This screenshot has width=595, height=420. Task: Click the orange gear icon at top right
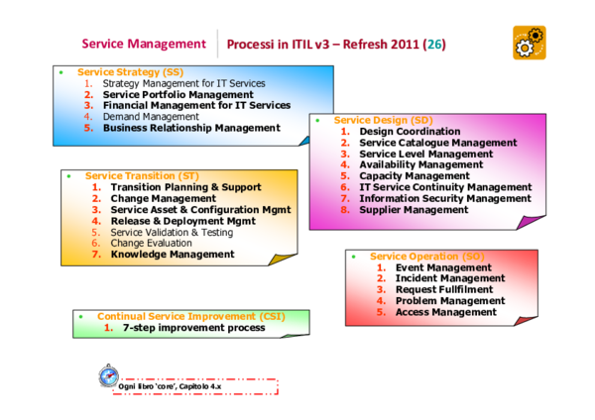[530, 43]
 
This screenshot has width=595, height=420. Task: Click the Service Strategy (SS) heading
[130, 72]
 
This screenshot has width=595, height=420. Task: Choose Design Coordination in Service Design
[410, 132]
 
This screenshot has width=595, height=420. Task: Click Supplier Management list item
[414, 210]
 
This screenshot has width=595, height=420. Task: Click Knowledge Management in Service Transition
[173, 255]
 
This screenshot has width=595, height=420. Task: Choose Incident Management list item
[450, 279]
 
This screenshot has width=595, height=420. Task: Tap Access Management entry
[445, 313]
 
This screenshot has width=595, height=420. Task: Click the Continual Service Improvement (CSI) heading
[190, 316]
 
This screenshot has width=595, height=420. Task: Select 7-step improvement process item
[194, 328]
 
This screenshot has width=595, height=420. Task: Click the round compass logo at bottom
[108, 377]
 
